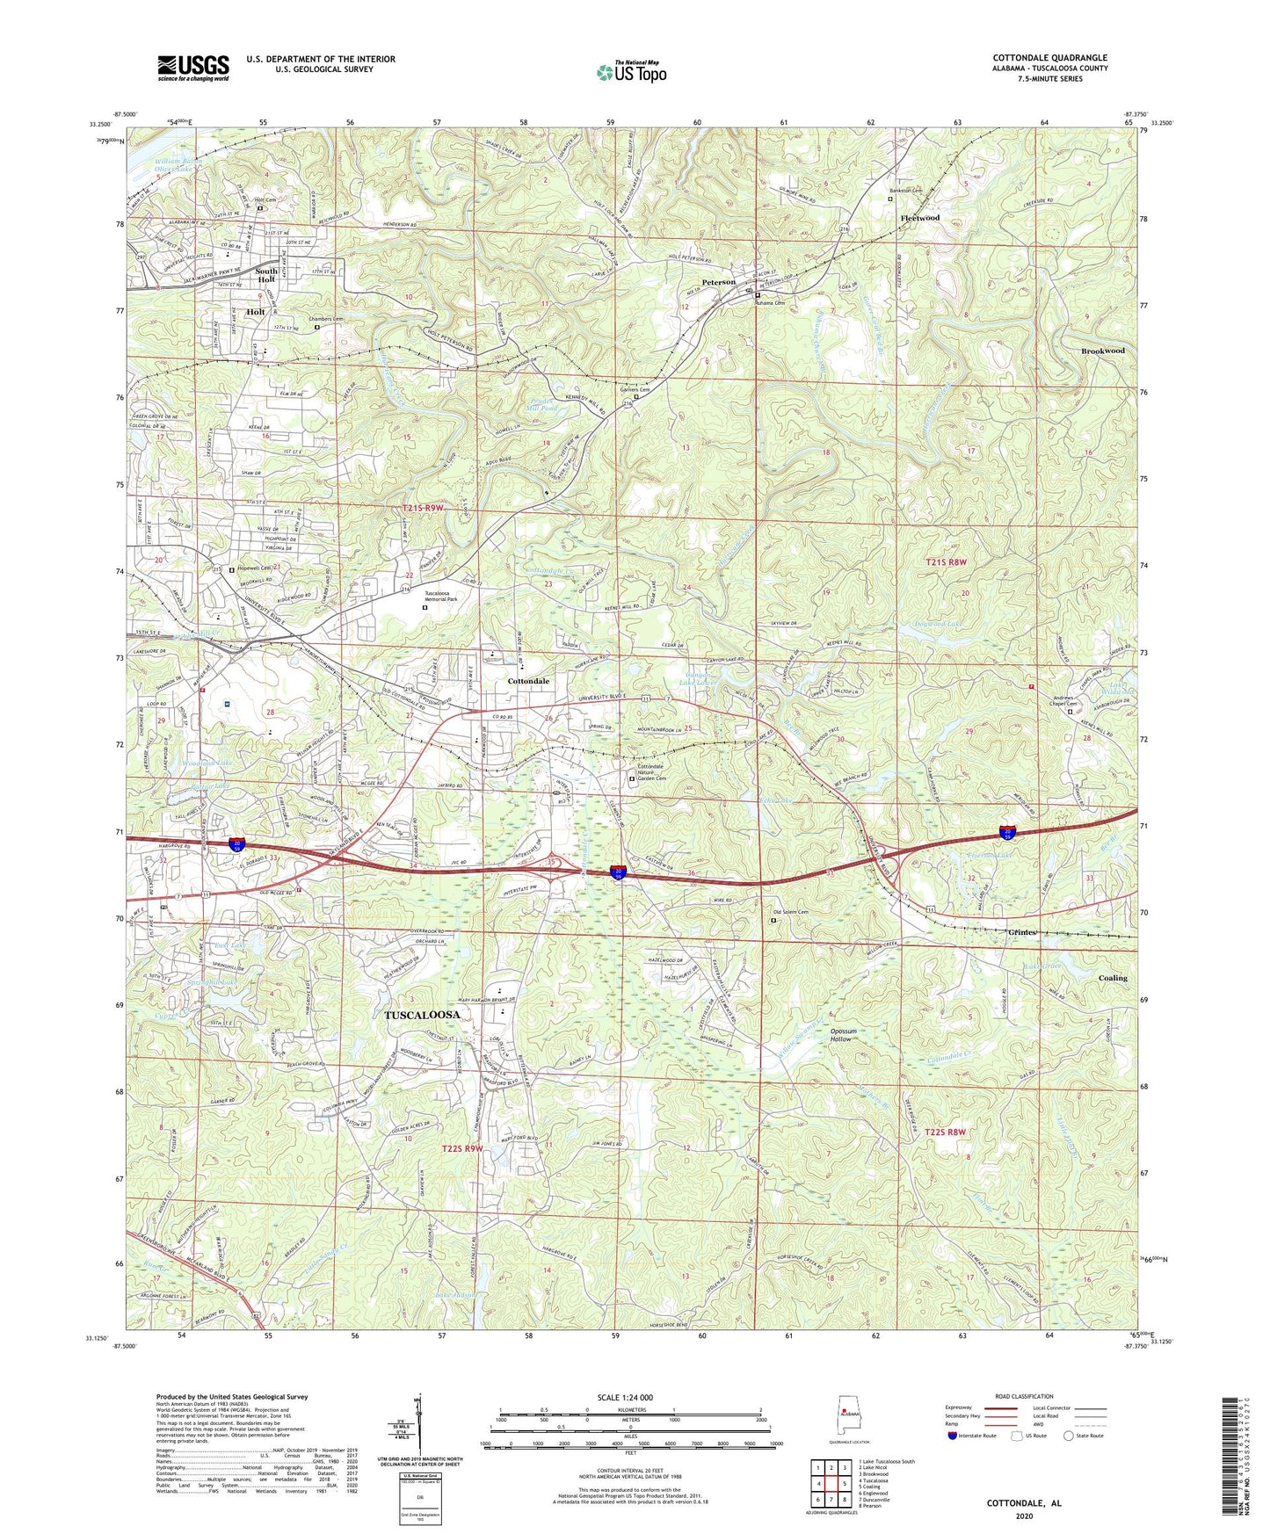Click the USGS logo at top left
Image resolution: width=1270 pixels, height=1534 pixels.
point(193,67)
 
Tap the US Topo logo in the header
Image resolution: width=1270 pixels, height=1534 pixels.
point(630,72)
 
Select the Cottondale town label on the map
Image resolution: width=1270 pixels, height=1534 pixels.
point(528,681)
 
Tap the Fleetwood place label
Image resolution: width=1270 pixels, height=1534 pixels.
point(919,218)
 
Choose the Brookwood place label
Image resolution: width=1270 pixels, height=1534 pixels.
point(1102,351)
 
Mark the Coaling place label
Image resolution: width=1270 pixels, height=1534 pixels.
point(1112,978)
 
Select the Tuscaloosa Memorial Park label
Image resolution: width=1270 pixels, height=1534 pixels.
point(449,597)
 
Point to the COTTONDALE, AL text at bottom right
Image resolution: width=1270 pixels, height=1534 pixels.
point(1023,1503)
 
